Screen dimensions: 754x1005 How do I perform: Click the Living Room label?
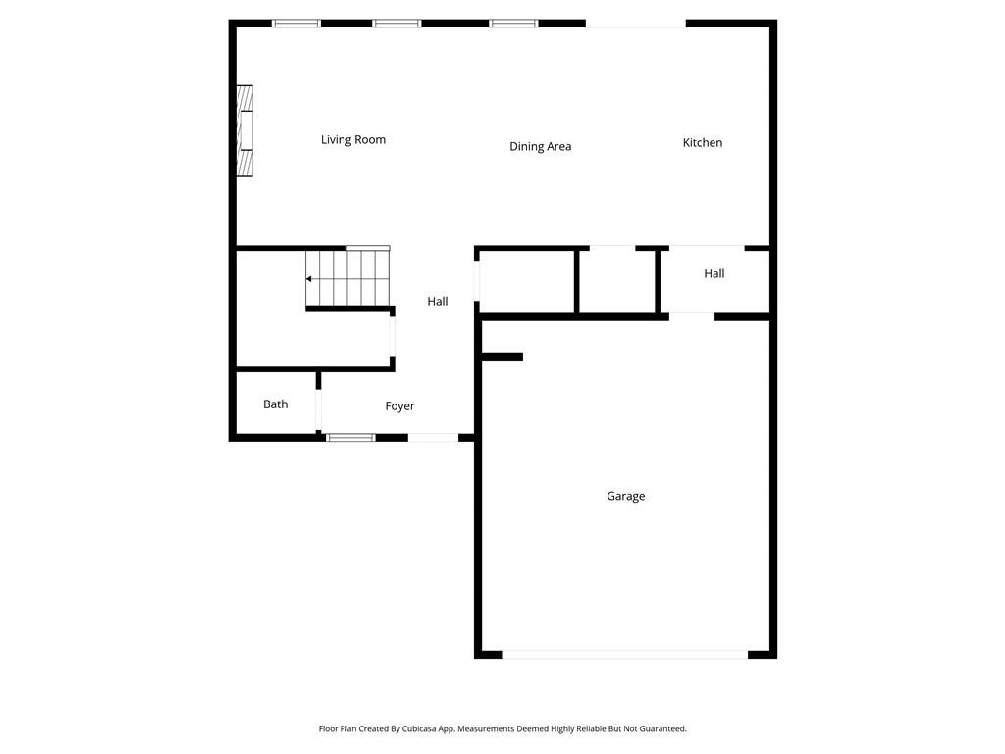(x=353, y=140)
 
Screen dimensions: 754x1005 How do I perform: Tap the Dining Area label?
(x=540, y=147)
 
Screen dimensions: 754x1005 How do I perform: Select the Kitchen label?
(x=703, y=143)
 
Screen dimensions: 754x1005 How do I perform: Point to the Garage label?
(x=625, y=497)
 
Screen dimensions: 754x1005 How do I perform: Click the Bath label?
(x=276, y=404)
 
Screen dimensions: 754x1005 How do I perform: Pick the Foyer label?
(x=399, y=406)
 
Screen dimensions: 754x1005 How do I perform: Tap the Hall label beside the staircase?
(x=438, y=302)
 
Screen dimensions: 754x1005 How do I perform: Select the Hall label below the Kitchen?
(x=714, y=274)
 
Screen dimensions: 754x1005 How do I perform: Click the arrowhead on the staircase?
(x=309, y=279)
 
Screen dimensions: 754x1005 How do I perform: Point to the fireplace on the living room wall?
(x=244, y=131)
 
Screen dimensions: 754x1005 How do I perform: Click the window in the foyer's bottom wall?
(x=350, y=438)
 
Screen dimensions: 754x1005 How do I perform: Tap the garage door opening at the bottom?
(x=625, y=654)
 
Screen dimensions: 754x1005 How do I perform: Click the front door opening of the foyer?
(x=433, y=438)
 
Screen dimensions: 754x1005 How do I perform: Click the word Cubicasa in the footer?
(x=426, y=729)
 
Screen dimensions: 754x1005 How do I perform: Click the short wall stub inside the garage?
(x=502, y=357)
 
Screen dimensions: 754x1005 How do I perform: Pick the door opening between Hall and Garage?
(x=692, y=316)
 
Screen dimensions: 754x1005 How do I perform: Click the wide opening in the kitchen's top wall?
(x=636, y=24)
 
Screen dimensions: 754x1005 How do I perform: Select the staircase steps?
(x=348, y=279)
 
